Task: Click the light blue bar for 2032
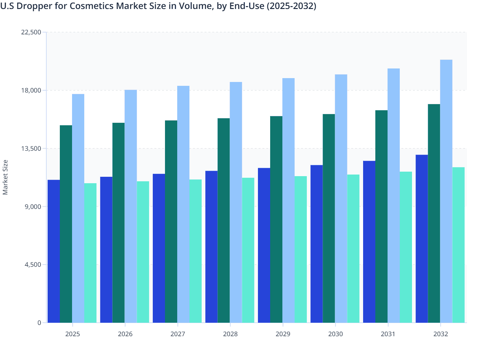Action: pos(446,191)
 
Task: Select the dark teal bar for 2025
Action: pos(66,224)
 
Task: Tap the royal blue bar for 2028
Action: pos(211,247)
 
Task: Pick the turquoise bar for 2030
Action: pos(353,248)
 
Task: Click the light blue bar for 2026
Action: pos(131,206)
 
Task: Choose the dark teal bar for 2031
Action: pos(381,216)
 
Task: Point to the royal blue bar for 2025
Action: pos(54,251)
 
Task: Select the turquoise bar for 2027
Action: pos(196,251)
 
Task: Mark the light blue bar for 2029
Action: pos(288,200)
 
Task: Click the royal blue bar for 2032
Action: pos(422,239)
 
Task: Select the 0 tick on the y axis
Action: pos(39,323)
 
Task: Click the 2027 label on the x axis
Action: pos(178,334)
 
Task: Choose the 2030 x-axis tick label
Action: pos(335,334)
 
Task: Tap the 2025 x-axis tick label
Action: pos(72,334)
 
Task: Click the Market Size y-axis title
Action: pos(5,177)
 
